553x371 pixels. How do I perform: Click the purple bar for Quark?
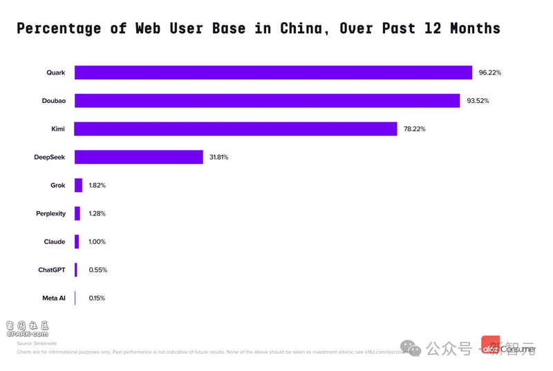coord(273,73)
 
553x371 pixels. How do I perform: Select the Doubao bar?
coord(267,101)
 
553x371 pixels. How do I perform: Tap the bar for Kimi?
coord(236,129)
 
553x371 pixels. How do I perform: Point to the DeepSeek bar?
coord(138,157)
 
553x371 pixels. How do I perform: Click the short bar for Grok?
coord(78,185)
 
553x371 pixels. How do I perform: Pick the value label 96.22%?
coord(489,73)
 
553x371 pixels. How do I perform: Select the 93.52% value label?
coord(478,101)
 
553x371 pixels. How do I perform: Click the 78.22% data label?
coord(415,129)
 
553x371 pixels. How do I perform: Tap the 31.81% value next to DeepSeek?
coord(218,158)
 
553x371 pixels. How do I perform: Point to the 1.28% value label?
coord(97,213)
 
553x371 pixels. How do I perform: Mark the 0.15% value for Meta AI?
coord(97,298)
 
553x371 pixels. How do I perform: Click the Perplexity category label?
coord(50,213)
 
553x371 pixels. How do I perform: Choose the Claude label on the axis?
coord(55,242)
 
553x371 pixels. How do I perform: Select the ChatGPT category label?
coord(52,269)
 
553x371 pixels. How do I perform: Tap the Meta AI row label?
coord(54,298)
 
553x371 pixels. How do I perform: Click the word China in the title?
coord(301,28)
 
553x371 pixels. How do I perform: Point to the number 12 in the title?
coord(429,28)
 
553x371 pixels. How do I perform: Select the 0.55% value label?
coord(97,269)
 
